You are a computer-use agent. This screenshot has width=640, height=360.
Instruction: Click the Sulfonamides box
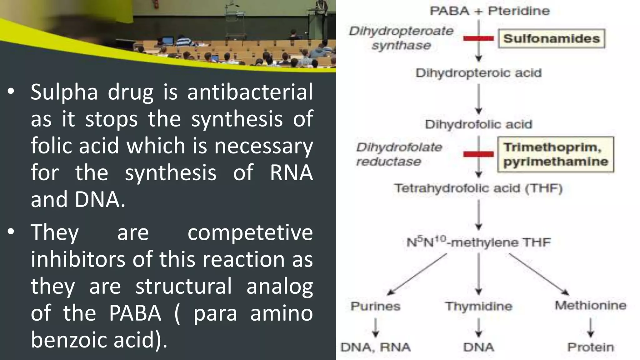click(x=551, y=38)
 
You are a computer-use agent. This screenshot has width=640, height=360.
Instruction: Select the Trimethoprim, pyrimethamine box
click(x=556, y=154)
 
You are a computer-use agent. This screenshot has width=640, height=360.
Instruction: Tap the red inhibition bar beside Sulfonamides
click(x=478, y=38)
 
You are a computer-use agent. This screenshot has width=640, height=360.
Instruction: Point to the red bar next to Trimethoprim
click(x=478, y=154)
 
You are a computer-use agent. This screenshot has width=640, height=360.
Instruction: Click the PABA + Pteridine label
click(x=489, y=11)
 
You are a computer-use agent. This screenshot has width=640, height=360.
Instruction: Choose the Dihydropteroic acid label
click(x=478, y=73)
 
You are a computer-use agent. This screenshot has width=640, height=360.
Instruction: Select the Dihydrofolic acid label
click(x=478, y=124)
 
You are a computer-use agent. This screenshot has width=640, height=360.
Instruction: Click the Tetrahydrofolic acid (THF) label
click(x=478, y=188)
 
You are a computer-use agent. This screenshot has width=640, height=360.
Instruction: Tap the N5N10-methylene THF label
click(x=478, y=242)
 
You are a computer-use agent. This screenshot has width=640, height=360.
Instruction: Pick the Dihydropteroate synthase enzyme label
click(x=401, y=38)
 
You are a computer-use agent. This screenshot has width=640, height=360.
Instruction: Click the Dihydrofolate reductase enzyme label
click(x=399, y=154)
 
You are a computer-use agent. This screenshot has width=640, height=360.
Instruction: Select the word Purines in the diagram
click(x=375, y=306)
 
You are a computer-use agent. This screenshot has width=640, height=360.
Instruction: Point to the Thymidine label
click(x=478, y=306)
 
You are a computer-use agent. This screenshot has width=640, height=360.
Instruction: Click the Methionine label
click(x=590, y=305)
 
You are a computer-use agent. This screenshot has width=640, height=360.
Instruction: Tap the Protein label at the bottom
click(x=590, y=347)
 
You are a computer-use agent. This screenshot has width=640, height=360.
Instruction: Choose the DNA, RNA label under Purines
click(x=375, y=347)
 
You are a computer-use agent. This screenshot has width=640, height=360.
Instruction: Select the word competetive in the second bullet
click(x=250, y=232)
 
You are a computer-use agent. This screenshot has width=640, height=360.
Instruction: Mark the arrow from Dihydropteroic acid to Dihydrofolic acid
click(x=478, y=98)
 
